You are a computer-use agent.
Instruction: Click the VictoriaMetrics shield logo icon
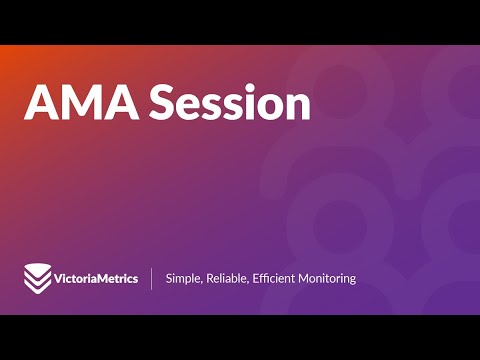tap(37, 277)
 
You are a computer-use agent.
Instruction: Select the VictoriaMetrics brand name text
tap(95, 278)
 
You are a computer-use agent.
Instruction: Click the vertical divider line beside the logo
tap(152, 278)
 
